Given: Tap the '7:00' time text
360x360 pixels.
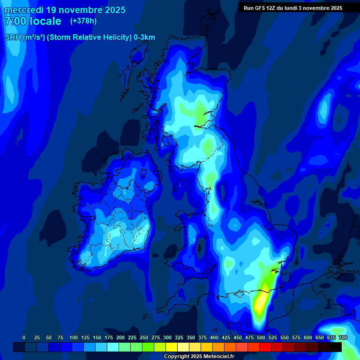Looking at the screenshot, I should pyautogui.click(x=16, y=21).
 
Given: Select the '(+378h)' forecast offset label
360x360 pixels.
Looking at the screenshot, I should pyautogui.click(x=83, y=21).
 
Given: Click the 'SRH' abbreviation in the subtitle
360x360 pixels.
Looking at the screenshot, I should pyautogui.click(x=13, y=37).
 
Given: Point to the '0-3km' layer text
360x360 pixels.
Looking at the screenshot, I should pyautogui.click(x=144, y=37).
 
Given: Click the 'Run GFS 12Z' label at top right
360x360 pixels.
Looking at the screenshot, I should pyautogui.click(x=260, y=8).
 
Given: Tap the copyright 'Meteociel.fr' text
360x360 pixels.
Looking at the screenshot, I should pyautogui.click(x=219, y=357).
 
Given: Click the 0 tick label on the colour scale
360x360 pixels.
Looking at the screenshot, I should pyautogui.click(x=24, y=337).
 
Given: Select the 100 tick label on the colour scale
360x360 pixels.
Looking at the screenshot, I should pyautogui.click(x=74, y=337).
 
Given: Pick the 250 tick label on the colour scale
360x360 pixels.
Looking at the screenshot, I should pyautogui.click(x=144, y=337).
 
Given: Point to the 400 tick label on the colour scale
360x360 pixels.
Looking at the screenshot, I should pyautogui.click(x=214, y=337).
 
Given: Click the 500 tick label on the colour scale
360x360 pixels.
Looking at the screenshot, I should pyautogui.click(x=261, y=337).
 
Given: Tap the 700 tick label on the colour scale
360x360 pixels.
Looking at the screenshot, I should pyautogui.click(x=343, y=337).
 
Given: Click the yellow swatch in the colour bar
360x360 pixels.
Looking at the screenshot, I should pyautogui.click(x=172, y=347).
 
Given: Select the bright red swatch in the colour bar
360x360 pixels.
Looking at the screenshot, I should pyautogui.click(x=265, y=347).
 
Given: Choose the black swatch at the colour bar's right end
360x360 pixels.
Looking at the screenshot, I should pyautogui.click(x=336, y=347).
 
